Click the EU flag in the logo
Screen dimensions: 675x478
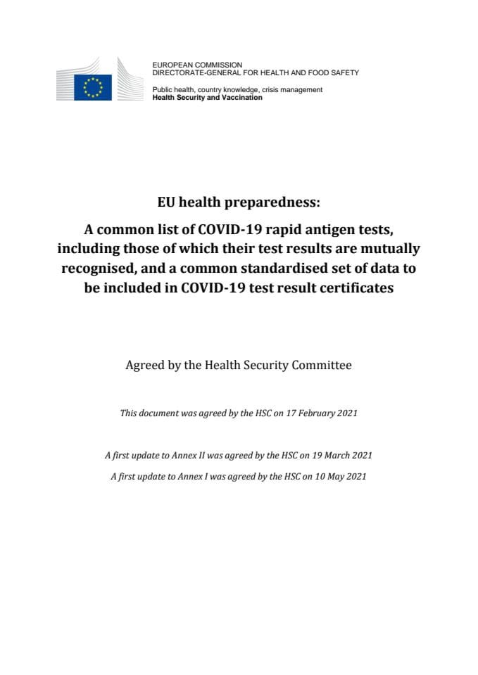93,88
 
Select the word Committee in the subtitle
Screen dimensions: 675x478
318,366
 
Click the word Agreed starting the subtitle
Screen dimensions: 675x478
144,366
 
